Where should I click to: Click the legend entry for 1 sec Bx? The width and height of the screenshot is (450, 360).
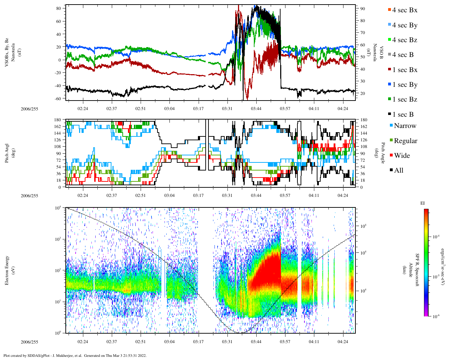click(x=405, y=70)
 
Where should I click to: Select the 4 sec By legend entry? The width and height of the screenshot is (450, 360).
click(x=405, y=25)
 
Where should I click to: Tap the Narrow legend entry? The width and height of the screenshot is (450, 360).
click(x=405, y=126)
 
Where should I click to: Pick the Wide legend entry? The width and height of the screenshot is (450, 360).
click(x=402, y=156)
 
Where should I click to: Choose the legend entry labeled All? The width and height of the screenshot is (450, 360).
click(x=398, y=171)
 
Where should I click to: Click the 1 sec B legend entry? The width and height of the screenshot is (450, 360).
click(x=403, y=115)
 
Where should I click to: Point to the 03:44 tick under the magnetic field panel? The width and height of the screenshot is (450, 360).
click(x=256, y=109)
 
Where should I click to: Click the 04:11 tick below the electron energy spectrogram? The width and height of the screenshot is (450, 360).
click(x=314, y=342)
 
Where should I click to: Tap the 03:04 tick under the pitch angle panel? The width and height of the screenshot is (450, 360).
click(x=169, y=195)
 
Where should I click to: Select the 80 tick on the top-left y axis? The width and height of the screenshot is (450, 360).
click(x=59, y=8)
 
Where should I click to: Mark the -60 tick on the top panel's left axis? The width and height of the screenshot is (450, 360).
click(x=58, y=98)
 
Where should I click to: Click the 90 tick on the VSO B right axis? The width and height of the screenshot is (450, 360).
click(x=362, y=8)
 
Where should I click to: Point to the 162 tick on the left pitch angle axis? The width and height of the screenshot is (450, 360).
click(x=57, y=127)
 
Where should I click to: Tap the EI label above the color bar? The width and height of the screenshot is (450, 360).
click(x=423, y=203)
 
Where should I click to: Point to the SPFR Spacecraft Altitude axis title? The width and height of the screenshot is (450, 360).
click(x=414, y=270)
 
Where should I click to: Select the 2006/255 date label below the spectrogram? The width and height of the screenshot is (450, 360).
click(x=29, y=342)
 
